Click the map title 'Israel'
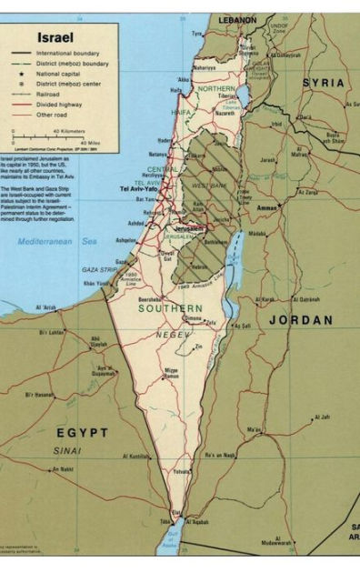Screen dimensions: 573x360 click(x=55, y=38)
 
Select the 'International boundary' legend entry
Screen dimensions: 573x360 click(x=68, y=54)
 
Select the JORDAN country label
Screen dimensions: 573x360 click(x=300, y=320)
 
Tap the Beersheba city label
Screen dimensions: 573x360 click(x=149, y=297)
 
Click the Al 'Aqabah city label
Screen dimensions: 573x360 click(x=202, y=523)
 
